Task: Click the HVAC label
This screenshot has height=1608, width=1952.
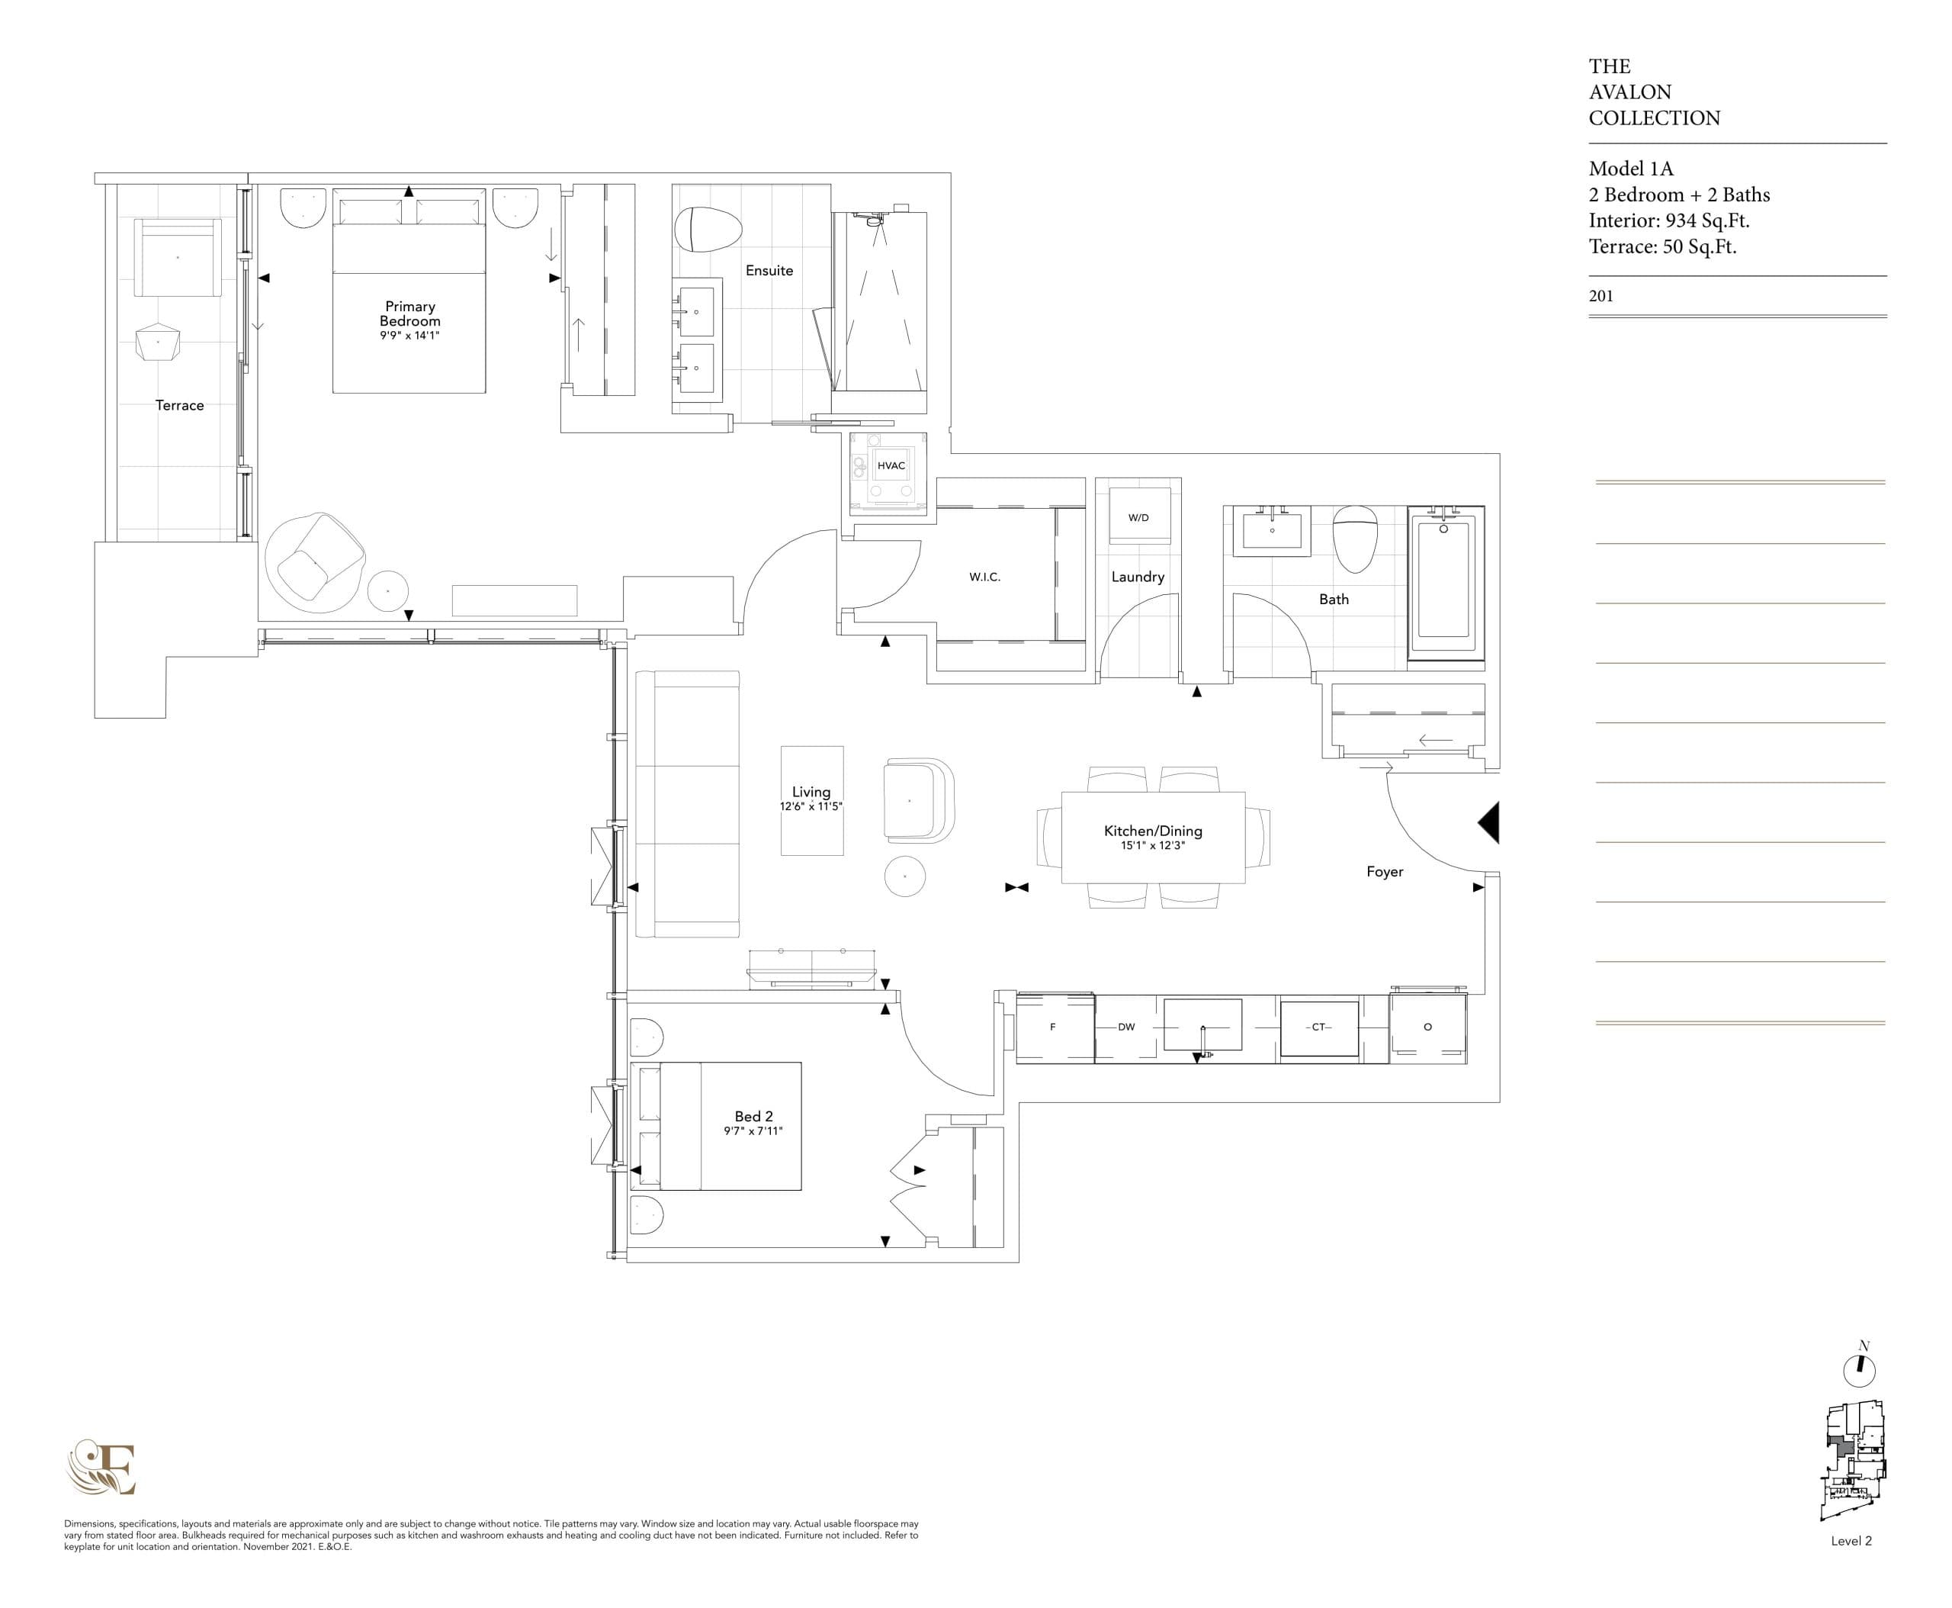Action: pyautogui.click(x=891, y=466)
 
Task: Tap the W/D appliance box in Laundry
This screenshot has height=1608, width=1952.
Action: pyautogui.click(x=1138, y=518)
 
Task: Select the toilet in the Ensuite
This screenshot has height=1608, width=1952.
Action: pyautogui.click(x=708, y=230)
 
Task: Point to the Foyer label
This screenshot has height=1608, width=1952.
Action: pyautogui.click(x=1385, y=872)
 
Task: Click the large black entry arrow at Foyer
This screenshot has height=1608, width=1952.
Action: pyautogui.click(x=1488, y=822)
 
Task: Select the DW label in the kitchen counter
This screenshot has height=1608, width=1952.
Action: pyautogui.click(x=1126, y=1028)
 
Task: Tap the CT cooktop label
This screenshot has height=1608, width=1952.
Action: pyautogui.click(x=1318, y=1028)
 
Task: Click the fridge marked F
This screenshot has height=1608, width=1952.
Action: pyautogui.click(x=1053, y=1028)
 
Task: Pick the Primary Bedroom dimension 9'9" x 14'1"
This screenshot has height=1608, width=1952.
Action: pyautogui.click(x=409, y=336)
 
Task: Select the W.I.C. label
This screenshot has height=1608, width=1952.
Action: pyautogui.click(x=984, y=577)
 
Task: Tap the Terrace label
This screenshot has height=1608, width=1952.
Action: pyautogui.click(x=180, y=406)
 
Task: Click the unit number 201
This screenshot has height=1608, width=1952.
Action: pyautogui.click(x=1601, y=297)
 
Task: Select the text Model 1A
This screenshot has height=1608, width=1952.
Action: pyautogui.click(x=1631, y=169)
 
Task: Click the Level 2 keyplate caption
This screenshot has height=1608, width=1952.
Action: pyautogui.click(x=1851, y=1542)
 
